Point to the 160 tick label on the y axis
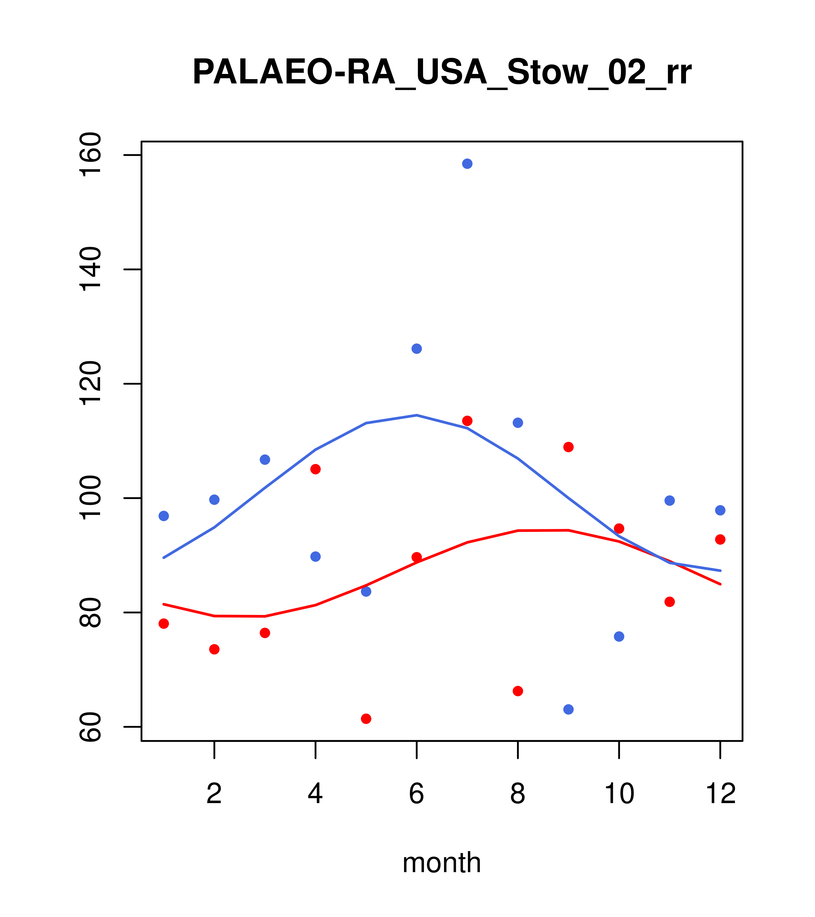pos(90,155)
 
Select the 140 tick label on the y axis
pos(90,269)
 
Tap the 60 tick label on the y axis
pos(90,727)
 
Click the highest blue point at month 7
pos(467,164)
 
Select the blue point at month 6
pos(417,349)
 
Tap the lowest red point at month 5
pos(366,719)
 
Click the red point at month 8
pos(518,691)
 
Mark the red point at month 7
pos(467,421)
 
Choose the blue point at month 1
pos(164,516)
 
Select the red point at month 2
pos(215,649)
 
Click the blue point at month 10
pos(619,637)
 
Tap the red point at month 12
pos(720,539)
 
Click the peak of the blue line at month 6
pos(417,415)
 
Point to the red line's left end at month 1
pos(164,604)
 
